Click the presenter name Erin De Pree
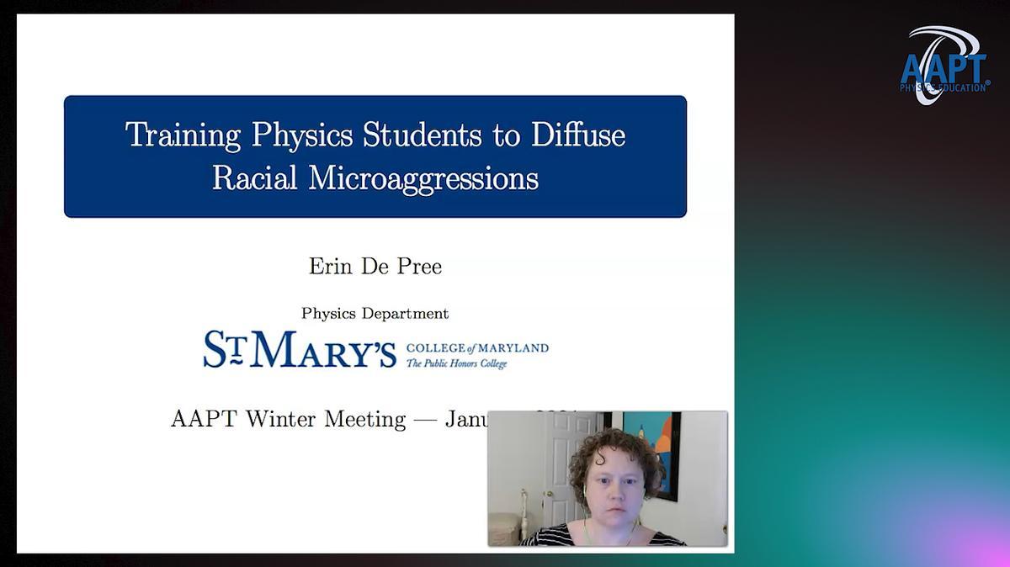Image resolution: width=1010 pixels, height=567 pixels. (375, 267)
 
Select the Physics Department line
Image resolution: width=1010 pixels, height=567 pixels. (375, 314)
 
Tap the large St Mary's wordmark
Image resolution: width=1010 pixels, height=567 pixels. (300, 349)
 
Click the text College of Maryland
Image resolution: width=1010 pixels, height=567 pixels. (477, 347)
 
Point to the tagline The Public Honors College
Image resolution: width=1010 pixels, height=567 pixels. (457, 363)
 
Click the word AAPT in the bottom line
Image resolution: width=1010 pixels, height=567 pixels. (205, 419)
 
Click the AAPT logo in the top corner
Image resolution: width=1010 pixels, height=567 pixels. (944, 66)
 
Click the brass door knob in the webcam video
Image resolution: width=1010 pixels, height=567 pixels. (547, 494)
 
